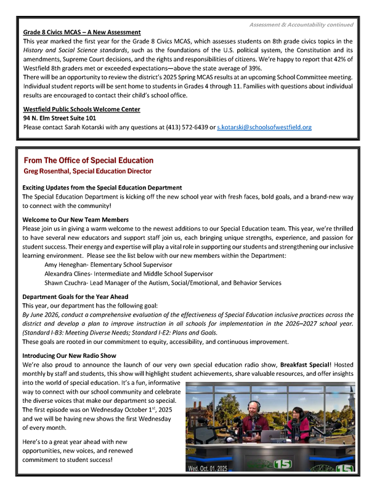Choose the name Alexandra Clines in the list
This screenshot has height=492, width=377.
click(x=70, y=274)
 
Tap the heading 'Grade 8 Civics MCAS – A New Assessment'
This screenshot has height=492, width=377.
click(x=82, y=32)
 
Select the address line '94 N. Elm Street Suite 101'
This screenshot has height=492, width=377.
click(x=60, y=118)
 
